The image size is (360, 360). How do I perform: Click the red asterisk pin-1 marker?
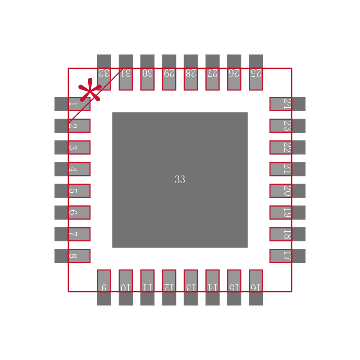point(90,90)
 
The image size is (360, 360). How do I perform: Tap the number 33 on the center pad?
point(180,180)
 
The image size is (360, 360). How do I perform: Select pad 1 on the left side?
point(72,104)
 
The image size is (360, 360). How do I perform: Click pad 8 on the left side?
point(72,256)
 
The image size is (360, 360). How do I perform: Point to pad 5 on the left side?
point(72,191)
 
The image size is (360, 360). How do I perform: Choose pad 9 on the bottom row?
point(104,288)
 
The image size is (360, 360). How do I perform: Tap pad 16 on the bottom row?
point(256,288)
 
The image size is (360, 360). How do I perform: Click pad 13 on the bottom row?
point(191,288)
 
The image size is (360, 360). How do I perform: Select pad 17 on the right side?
point(288,256)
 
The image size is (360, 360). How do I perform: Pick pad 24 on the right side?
point(288,104)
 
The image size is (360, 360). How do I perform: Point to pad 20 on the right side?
point(288,191)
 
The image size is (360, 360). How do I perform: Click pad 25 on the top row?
point(256,72)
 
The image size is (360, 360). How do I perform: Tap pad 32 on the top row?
point(104,72)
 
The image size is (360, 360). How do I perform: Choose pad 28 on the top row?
point(191,72)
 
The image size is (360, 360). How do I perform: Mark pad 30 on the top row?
point(148,72)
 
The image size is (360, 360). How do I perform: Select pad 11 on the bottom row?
point(148,288)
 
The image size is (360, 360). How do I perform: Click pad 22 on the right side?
point(288,148)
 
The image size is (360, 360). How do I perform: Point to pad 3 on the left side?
point(72,148)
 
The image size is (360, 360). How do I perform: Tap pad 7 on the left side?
point(72,234)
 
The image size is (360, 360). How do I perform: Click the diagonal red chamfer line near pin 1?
point(95,95)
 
